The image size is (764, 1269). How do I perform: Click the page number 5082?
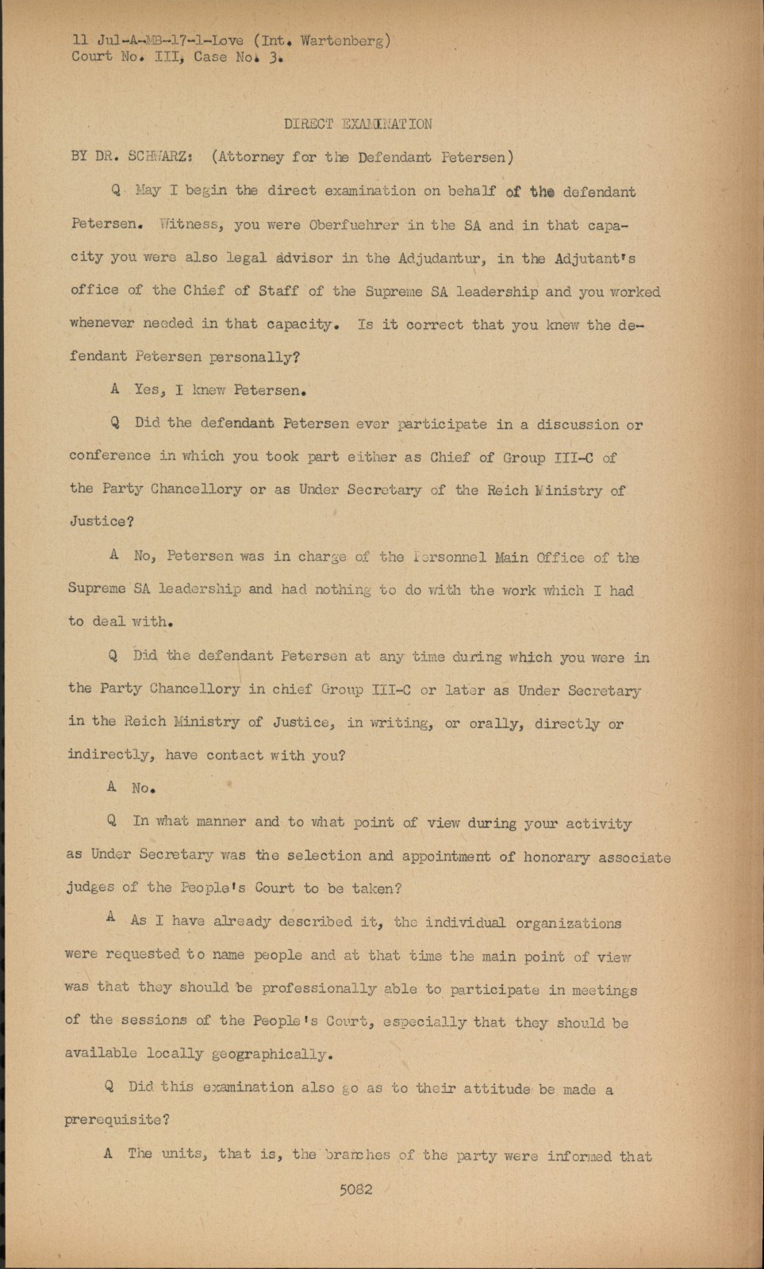tap(355, 1190)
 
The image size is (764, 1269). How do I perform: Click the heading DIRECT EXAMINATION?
tap(358, 124)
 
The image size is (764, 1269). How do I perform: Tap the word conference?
tap(109, 456)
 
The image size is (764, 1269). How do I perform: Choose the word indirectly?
tap(110, 754)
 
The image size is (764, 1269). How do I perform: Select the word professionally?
tap(319, 989)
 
